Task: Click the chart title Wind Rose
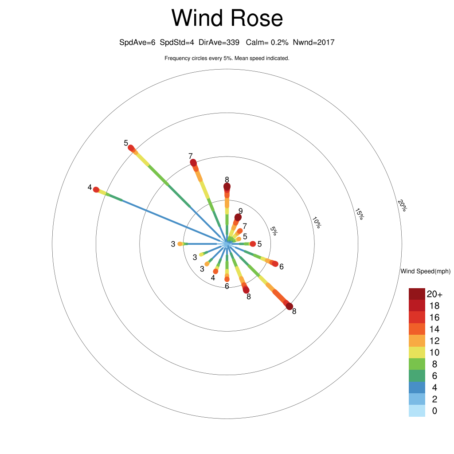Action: coord(227,18)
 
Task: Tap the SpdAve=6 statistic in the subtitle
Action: coord(137,42)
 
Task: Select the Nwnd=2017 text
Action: coord(313,42)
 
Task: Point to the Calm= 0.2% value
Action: coord(267,42)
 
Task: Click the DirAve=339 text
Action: coord(219,42)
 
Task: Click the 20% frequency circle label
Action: coord(402,205)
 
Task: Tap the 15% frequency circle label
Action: coord(360,214)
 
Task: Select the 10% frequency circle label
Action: coord(317,223)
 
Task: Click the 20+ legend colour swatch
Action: coord(417,294)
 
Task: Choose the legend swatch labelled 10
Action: coord(417,352)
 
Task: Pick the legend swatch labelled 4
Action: coord(417,387)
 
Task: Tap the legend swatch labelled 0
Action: coord(417,411)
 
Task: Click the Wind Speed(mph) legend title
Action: coord(425,271)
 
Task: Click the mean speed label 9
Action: coord(240,211)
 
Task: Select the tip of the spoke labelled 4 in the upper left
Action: coord(96,190)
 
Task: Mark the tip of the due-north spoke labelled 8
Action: coord(227,187)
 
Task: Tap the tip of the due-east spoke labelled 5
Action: coord(253,244)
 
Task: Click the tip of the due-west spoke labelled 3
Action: coord(180,244)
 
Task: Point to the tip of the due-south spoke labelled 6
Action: coord(227,279)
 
